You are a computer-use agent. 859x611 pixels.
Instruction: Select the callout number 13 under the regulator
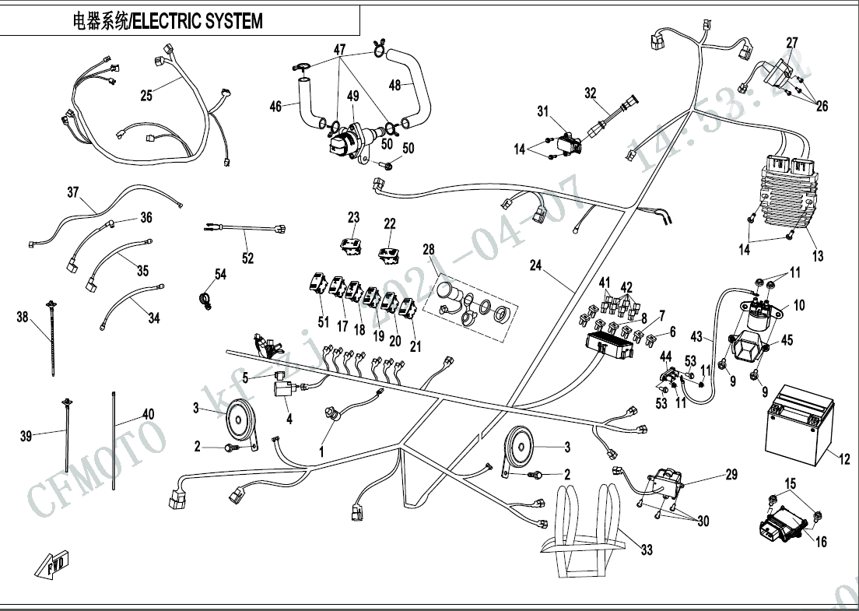(817, 255)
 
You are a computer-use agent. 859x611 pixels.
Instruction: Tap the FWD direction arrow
(52, 562)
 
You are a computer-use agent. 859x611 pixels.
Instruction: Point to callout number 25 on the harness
(146, 96)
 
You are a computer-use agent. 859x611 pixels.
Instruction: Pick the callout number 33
(647, 550)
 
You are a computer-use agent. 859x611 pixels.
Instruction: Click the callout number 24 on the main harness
(535, 265)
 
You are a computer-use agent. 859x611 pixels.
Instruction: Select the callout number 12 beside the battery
(845, 460)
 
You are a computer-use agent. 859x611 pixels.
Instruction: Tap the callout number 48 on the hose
(394, 86)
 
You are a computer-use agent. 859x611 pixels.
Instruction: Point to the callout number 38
(22, 317)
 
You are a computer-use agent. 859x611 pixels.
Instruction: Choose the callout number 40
(148, 414)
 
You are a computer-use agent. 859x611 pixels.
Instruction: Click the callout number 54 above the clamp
(220, 274)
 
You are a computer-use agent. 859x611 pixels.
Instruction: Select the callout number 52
(247, 258)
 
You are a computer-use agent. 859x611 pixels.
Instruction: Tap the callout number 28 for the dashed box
(428, 249)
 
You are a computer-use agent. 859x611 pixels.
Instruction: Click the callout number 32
(591, 93)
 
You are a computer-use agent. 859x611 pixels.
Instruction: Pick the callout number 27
(792, 42)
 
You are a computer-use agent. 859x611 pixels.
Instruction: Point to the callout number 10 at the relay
(800, 305)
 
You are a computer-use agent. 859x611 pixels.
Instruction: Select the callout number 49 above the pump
(352, 96)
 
